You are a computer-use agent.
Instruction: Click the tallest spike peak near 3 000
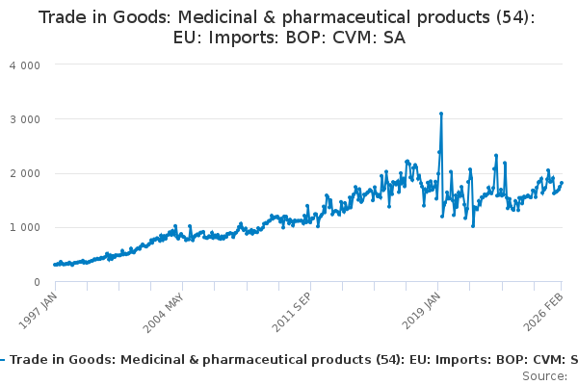441,114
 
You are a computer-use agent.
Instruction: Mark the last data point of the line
562,183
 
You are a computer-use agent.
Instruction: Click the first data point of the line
55,265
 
